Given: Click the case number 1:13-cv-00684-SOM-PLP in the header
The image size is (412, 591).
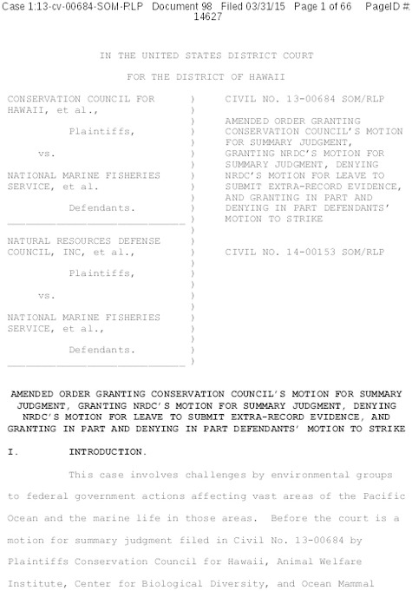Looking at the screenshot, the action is [68, 8].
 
